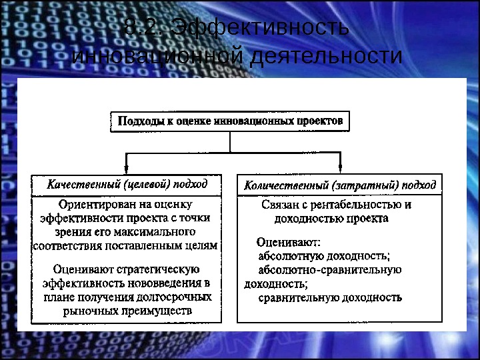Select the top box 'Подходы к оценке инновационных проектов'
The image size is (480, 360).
click(x=230, y=121)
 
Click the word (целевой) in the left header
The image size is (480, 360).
click(x=144, y=184)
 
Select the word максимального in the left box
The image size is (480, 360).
click(x=154, y=231)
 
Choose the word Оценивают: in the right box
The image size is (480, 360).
click(x=289, y=242)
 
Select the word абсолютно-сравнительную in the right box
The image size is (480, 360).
click(x=329, y=269)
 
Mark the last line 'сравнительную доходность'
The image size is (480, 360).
click(x=330, y=297)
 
